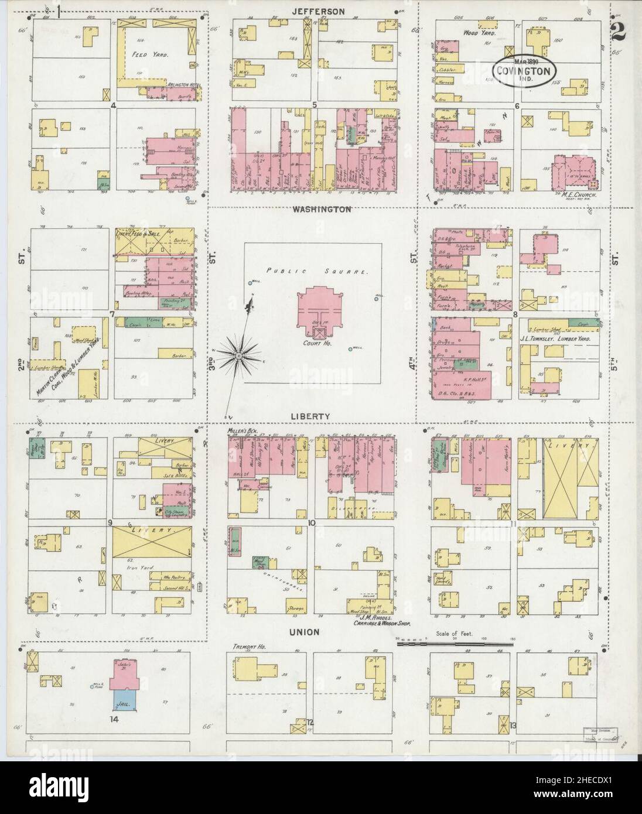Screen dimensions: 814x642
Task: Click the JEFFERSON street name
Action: [x=319, y=11]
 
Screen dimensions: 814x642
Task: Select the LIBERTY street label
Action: [x=312, y=416]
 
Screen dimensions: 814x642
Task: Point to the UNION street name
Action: [x=303, y=632]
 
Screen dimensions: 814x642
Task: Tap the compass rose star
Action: [x=240, y=355]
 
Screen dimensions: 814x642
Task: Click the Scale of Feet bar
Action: [x=455, y=644]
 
